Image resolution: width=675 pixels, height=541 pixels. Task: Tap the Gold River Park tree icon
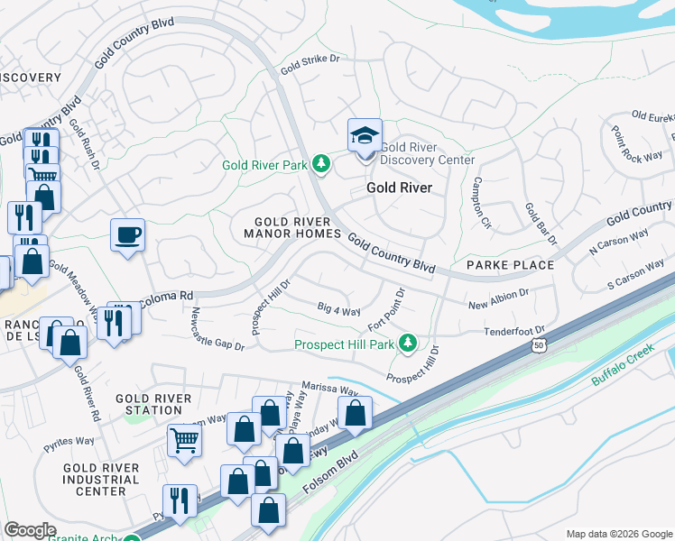coord(320,164)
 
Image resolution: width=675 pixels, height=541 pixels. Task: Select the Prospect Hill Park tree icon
coord(408,343)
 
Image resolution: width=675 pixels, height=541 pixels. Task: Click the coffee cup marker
coord(127,236)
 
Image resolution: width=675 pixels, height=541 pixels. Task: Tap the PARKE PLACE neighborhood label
coord(510,265)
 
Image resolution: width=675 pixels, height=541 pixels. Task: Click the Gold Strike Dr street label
coord(313,63)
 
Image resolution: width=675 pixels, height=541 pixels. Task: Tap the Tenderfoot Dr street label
coord(514,332)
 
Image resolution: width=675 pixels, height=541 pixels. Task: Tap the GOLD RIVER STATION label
coord(154,404)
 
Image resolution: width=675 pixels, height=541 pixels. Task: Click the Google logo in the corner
coord(31,530)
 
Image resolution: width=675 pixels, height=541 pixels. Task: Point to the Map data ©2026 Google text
coord(618,534)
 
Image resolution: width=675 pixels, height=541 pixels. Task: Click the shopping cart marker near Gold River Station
coord(184,442)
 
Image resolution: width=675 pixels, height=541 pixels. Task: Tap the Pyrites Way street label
coord(69,440)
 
